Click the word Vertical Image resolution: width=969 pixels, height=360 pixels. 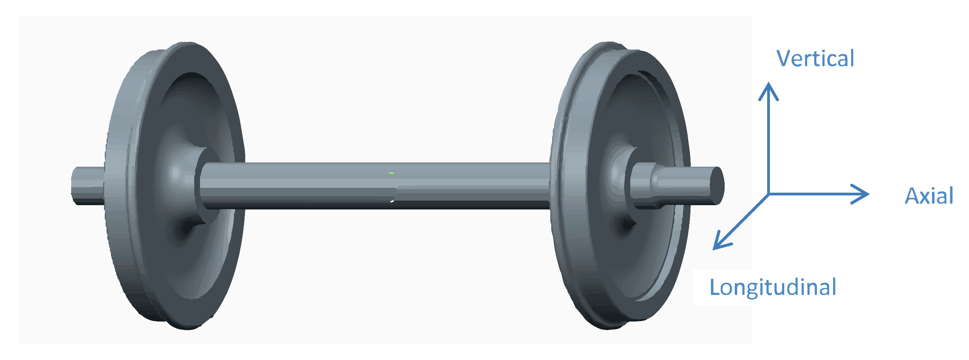[815, 59]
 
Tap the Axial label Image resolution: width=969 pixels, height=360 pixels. [928, 196]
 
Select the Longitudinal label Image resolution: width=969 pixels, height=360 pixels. [773, 287]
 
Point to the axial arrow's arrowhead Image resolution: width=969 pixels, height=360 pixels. [867, 194]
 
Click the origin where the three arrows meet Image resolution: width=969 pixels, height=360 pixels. [768, 194]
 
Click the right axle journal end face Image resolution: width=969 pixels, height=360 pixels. [717, 185]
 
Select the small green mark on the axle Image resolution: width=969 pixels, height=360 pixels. [392, 174]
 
